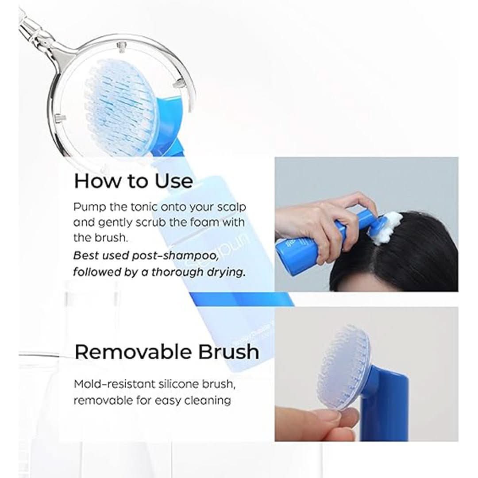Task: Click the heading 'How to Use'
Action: pos(133,181)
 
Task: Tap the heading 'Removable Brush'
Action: pos(167,352)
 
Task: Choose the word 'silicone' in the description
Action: pos(177,384)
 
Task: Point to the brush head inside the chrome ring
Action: pos(121,107)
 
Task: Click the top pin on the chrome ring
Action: pos(122,46)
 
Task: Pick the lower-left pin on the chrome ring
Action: pos(61,117)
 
